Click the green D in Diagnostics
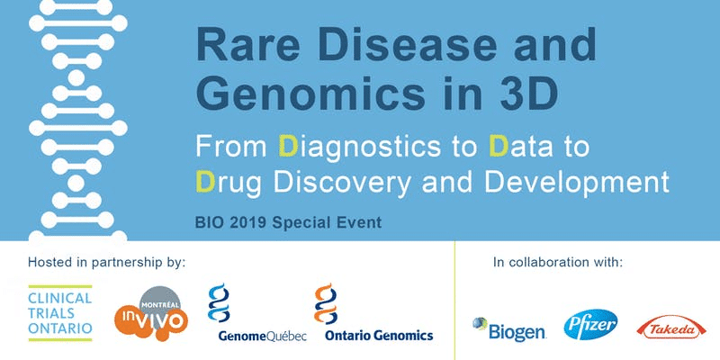tap(289, 146)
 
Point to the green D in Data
tap(499, 146)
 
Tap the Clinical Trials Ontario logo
tap(60, 313)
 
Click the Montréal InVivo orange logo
tap(151, 313)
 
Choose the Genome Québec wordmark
tap(262, 336)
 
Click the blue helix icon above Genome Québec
tap(219, 302)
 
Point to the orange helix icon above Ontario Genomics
tap(326, 303)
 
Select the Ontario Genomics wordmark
tap(379, 336)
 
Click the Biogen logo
tap(509, 328)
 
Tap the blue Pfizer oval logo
tap(590, 325)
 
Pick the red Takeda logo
tap(671, 327)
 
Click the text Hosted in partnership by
tap(106, 263)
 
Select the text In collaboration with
tap(558, 263)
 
